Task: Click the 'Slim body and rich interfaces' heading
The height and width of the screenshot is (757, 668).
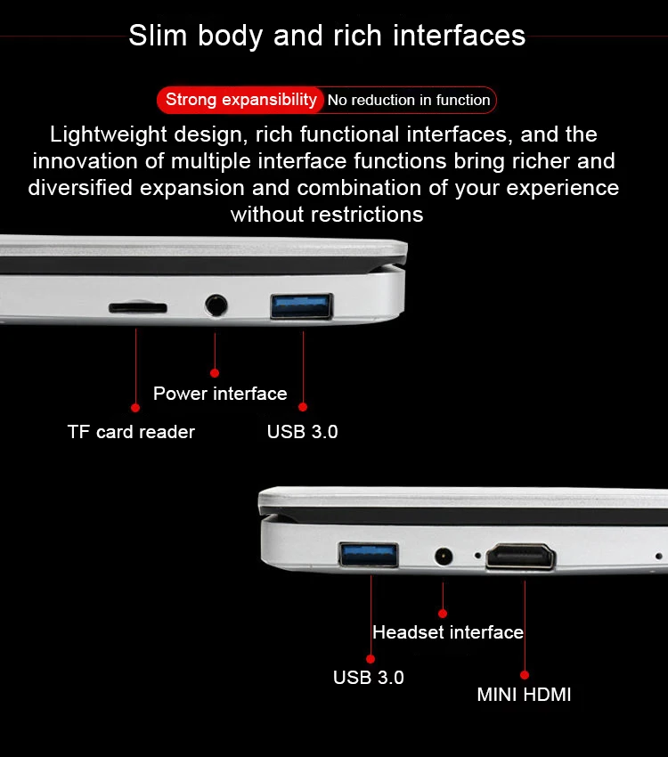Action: [327, 37]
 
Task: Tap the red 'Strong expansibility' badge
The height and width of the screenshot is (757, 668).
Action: [240, 100]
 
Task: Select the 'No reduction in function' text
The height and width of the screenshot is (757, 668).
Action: [409, 101]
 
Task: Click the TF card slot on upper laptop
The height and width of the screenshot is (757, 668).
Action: [137, 307]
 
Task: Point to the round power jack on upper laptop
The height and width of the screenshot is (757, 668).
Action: [216, 305]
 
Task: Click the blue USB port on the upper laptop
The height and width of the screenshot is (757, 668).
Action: [302, 306]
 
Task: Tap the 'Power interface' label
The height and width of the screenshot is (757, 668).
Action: [220, 394]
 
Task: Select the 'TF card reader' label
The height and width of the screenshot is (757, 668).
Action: [131, 432]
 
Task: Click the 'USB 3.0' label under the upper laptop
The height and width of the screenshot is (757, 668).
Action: [302, 432]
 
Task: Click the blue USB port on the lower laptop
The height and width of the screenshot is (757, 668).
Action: [371, 554]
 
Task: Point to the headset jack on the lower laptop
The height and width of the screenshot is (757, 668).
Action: [443, 558]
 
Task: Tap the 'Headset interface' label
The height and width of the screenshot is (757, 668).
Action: [448, 632]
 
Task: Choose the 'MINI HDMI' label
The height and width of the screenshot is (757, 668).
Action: [524, 695]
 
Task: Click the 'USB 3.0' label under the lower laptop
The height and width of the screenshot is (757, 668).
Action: [368, 678]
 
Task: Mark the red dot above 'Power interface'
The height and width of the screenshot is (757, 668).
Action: [215, 373]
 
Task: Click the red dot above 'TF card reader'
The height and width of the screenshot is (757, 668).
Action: [135, 408]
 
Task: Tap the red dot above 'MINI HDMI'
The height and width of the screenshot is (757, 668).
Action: [525, 675]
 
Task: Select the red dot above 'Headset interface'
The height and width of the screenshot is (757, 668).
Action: [443, 613]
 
